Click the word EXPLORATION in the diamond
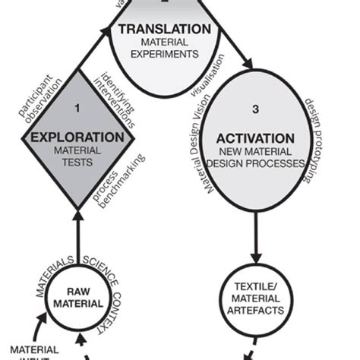click(76, 137)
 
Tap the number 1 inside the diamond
click(76, 109)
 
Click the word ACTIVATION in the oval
click(255, 138)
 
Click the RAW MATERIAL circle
click(76, 298)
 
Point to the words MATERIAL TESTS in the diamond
click(76, 156)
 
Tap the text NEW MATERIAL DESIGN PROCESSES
click(255, 158)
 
